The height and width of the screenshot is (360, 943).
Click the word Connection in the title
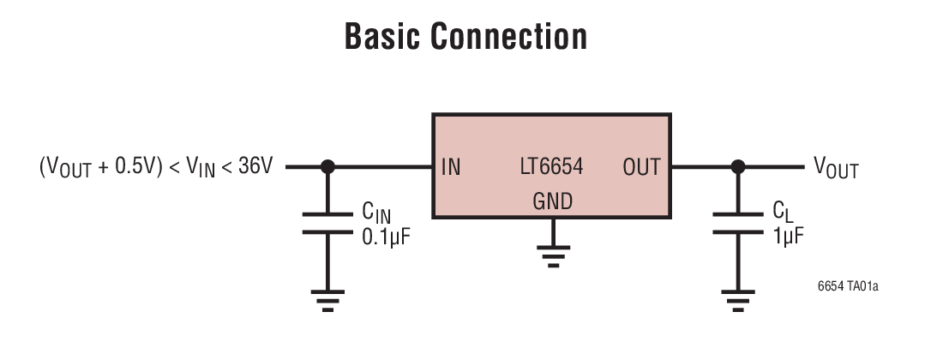(x=509, y=38)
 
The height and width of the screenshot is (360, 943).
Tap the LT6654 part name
(x=552, y=167)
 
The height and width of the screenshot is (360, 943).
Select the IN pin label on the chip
(x=451, y=167)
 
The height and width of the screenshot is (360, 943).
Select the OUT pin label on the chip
(x=641, y=167)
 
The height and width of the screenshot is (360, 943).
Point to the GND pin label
(x=552, y=201)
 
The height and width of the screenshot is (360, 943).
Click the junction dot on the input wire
(x=327, y=167)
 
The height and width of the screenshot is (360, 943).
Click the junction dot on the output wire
(x=736, y=167)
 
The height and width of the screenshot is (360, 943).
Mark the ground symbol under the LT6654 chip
(x=553, y=256)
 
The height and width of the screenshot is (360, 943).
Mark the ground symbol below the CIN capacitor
(x=327, y=298)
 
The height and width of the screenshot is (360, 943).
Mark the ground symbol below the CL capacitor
(x=736, y=298)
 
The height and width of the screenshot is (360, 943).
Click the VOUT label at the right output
(x=835, y=169)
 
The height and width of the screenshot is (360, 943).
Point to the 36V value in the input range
(x=255, y=167)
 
